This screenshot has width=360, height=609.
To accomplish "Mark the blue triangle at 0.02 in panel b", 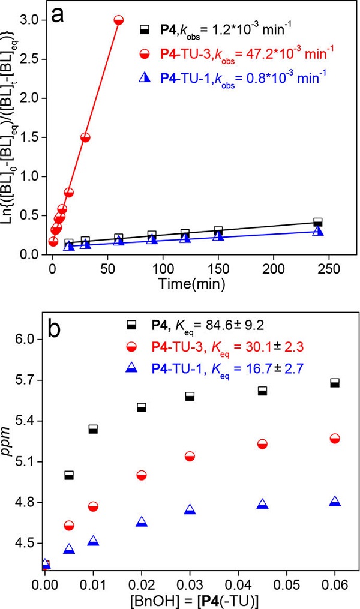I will (x=142, y=522).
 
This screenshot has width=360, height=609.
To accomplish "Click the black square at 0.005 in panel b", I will (x=69, y=475).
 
